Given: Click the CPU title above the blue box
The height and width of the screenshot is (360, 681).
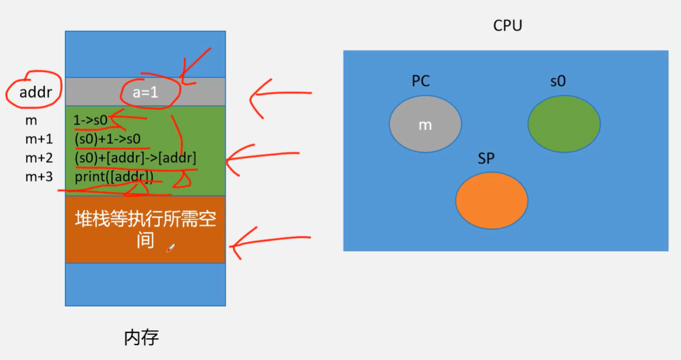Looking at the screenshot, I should coord(507,26).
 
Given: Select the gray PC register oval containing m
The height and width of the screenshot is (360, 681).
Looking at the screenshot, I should coord(425,124).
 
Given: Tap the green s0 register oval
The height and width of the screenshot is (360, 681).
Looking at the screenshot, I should coord(564,124).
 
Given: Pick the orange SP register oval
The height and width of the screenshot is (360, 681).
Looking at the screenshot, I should coord(491,200).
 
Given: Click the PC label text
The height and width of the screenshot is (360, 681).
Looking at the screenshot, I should coord(421,81).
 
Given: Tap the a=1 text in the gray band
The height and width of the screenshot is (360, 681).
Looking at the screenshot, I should coord(145,92).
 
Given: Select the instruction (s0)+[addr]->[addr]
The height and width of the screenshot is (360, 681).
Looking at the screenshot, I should coord(136,158).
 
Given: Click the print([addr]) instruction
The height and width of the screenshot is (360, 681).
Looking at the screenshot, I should coord(114,177).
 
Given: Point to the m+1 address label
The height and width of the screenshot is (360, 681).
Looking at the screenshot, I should coord(39,140).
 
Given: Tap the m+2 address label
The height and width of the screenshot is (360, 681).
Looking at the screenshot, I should coord(39,158).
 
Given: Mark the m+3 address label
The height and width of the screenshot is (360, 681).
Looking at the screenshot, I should coord(39,177).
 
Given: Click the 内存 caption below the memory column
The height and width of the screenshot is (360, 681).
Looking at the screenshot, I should coord(141,338).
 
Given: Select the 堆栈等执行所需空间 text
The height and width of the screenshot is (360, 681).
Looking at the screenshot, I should coord(145,229).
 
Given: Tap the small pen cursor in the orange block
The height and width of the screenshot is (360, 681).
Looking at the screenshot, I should coord(170,248).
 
